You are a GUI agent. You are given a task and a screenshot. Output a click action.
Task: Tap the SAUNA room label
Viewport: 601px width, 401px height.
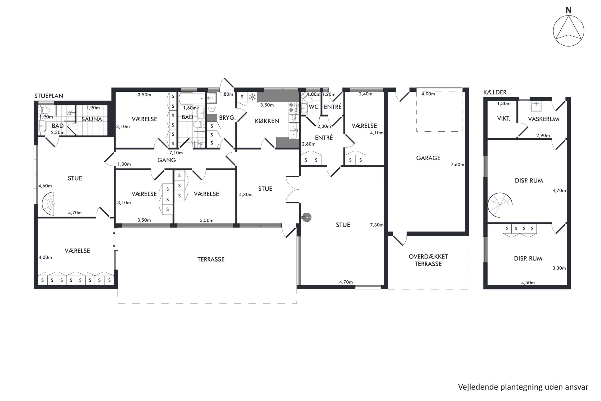92,119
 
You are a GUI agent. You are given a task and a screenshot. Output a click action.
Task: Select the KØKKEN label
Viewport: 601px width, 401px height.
267,121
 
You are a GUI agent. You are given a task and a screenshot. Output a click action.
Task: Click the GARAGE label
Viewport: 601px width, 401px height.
428,158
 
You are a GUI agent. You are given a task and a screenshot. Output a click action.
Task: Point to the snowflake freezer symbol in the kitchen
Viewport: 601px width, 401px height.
252,97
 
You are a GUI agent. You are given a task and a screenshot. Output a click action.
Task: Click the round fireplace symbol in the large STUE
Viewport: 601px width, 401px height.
307,217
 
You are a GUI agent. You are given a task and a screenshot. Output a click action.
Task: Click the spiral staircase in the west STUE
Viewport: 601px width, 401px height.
49,204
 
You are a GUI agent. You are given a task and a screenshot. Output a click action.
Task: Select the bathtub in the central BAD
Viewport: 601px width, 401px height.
192,98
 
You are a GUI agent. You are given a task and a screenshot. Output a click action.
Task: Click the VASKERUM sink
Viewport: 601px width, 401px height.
536,106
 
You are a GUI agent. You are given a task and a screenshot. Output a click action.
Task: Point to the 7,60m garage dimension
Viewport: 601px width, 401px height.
457,165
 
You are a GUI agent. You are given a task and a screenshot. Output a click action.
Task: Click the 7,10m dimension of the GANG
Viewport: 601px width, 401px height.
176,153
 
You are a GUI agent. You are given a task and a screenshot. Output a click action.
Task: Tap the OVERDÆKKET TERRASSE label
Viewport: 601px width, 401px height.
428,260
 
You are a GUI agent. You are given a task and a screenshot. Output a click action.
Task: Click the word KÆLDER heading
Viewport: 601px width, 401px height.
495,92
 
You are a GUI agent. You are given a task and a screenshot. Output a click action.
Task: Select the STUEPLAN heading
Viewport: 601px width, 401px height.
49,96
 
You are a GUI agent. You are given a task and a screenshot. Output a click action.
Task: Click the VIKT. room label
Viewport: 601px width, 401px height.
503,119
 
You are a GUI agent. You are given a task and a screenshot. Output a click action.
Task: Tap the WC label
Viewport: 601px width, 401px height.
314,107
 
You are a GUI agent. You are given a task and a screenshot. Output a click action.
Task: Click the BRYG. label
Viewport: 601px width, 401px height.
227,118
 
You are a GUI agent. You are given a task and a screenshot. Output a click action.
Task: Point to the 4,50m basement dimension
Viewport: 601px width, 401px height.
528,283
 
